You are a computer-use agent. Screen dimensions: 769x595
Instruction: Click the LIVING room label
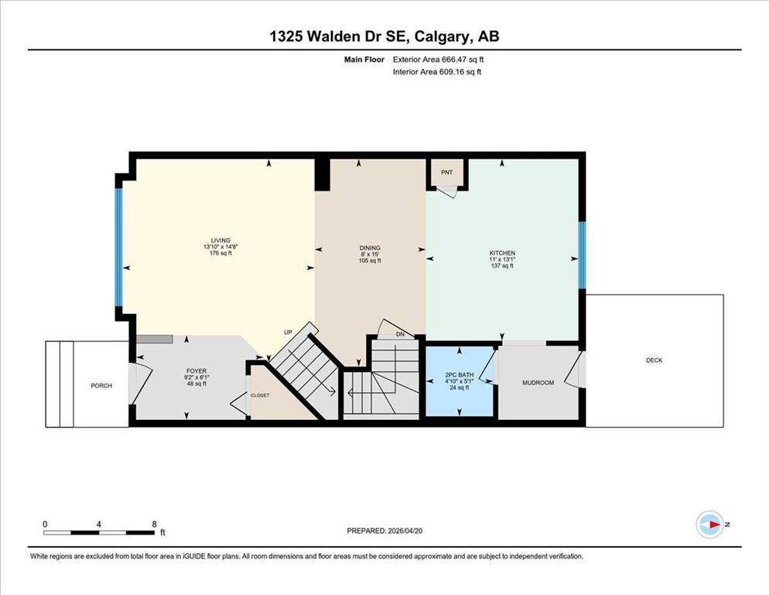[220, 241]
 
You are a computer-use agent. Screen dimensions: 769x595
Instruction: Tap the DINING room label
[370, 248]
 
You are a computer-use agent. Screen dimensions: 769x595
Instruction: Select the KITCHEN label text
[502, 253]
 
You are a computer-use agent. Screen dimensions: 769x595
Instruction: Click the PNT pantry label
[447, 173]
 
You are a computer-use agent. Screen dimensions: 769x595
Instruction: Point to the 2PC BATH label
[460, 375]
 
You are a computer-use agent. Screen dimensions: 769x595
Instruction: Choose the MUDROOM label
[538, 383]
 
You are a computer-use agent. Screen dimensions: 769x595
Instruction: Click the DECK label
[655, 360]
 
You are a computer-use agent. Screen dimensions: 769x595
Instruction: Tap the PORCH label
[101, 386]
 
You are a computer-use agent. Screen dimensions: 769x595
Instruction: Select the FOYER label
[197, 371]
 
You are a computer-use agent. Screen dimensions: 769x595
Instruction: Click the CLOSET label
[260, 396]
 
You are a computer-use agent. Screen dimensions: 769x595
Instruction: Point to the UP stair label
[288, 332]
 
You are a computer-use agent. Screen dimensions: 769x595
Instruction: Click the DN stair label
[400, 334]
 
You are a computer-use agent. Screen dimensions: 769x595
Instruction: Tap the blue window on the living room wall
[118, 247]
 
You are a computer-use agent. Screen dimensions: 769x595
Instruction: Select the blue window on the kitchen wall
[582, 255]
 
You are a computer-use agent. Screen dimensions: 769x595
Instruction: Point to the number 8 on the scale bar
[155, 524]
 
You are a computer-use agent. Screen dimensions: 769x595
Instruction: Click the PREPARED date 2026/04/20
[405, 531]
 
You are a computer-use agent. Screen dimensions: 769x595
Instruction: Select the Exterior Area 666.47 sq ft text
[439, 60]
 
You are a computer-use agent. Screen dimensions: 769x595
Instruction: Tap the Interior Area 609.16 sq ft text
[437, 72]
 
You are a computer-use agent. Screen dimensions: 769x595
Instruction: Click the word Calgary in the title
[440, 37]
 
